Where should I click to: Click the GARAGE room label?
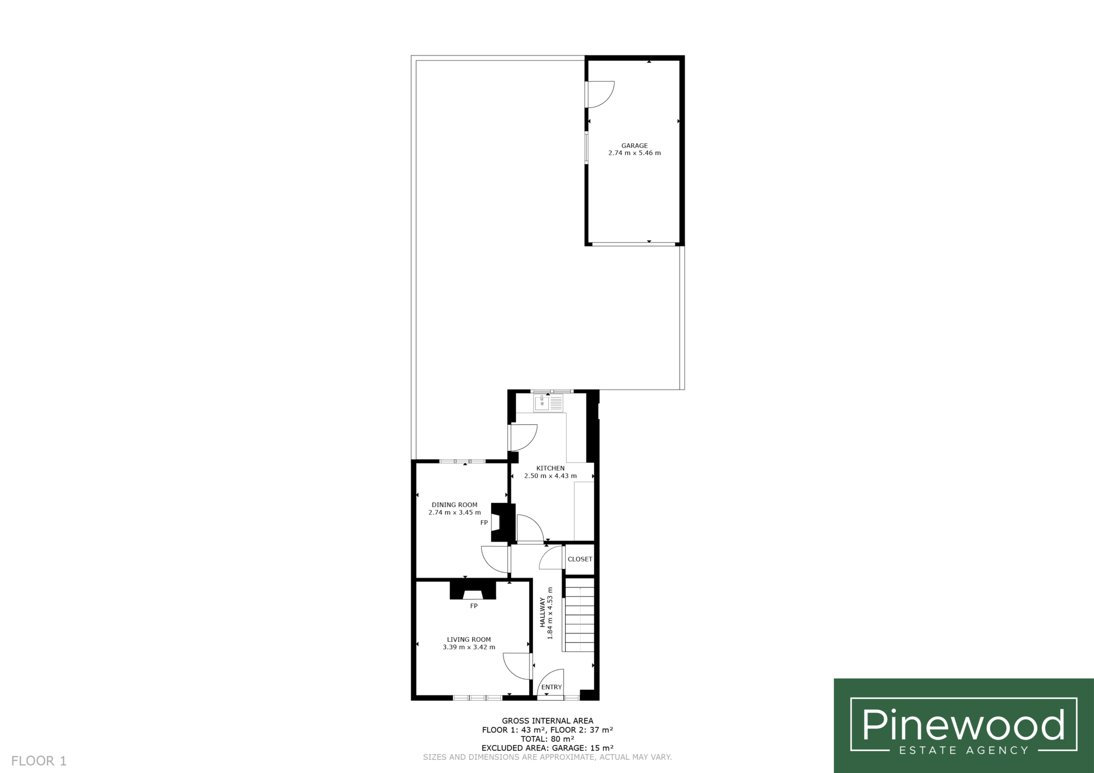(x=634, y=146)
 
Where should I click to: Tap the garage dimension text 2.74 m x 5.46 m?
(x=634, y=153)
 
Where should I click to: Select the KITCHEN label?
(x=550, y=468)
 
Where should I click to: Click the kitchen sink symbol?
(x=548, y=403)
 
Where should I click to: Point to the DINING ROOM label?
(x=454, y=505)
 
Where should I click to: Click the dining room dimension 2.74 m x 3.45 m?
(x=454, y=512)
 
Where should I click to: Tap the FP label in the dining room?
(x=484, y=522)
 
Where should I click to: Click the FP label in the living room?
(x=473, y=606)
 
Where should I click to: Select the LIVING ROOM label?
(x=468, y=640)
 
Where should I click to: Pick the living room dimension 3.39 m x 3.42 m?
(x=468, y=647)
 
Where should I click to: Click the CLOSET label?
(x=580, y=559)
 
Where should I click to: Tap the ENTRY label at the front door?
(x=551, y=687)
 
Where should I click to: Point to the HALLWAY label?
(x=542, y=612)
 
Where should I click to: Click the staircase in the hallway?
(x=579, y=615)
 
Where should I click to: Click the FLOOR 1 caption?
(x=38, y=761)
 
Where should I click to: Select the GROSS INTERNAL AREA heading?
(x=547, y=721)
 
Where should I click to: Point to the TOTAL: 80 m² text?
(x=547, y=739)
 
